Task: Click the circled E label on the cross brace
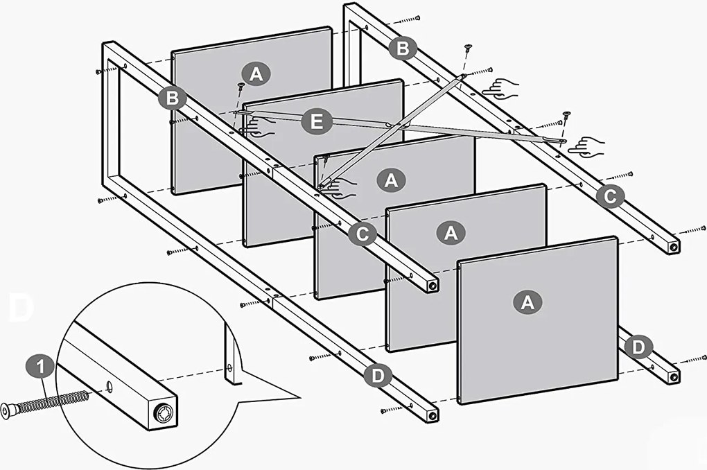click(x=316, y=123)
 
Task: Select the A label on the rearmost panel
click(x=256, y=73)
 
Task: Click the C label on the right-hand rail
click(x=609, y=197)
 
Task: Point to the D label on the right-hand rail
click(x=637, y=346)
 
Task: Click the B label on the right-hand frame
click(x=403, y=49)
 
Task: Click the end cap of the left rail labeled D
click(x=433, y=415)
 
